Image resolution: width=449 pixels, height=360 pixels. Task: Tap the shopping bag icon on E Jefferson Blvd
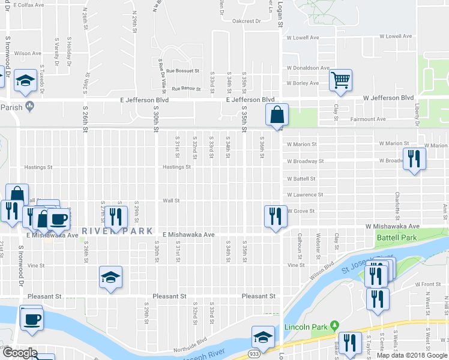pyautogui.click(x=277, y=115)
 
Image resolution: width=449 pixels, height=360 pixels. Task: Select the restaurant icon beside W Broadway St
pyautogui.click(x=414, y=159)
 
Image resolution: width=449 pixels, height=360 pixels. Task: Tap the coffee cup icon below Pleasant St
pyautogui.click(x=31, y=318)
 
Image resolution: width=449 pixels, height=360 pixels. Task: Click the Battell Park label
pyautogui.click(x=396, y=238)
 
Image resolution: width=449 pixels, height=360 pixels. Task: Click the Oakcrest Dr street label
pyautogui.click(x=247, y=21)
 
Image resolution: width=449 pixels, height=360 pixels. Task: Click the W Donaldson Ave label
pyautogui.click(x=309, y=68)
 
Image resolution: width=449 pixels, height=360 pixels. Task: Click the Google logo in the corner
pyautogui.click(x=21, y=352)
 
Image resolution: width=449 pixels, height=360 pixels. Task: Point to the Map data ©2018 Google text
pyautogui.click(x=412, y=355)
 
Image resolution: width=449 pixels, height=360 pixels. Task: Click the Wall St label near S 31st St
pyautogui.click(x=171, y=200)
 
